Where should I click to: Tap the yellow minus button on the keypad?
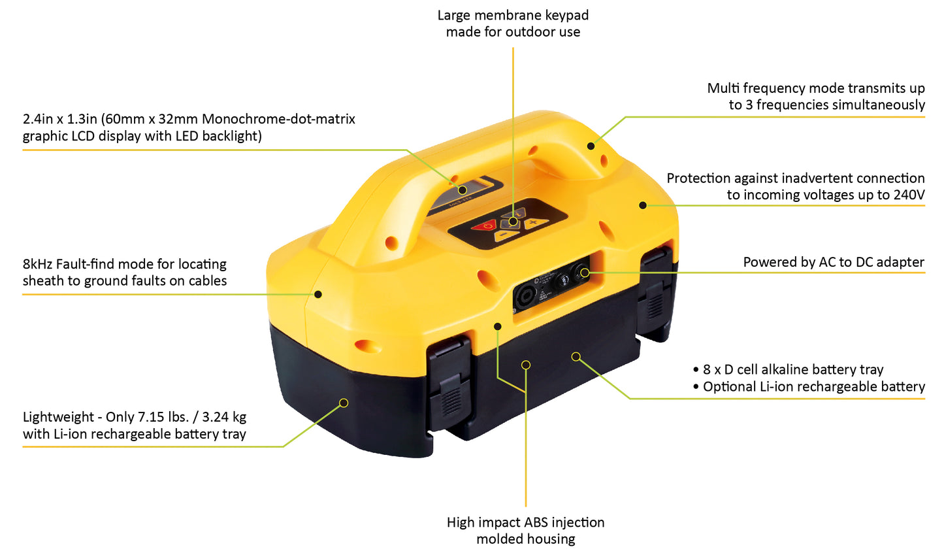506,235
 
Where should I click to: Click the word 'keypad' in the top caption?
567,16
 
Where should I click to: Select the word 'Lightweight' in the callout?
58,417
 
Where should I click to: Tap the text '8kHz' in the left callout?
37,264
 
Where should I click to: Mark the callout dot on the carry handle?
591,146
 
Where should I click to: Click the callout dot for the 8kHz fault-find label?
318,294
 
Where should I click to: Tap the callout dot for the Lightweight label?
344,403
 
